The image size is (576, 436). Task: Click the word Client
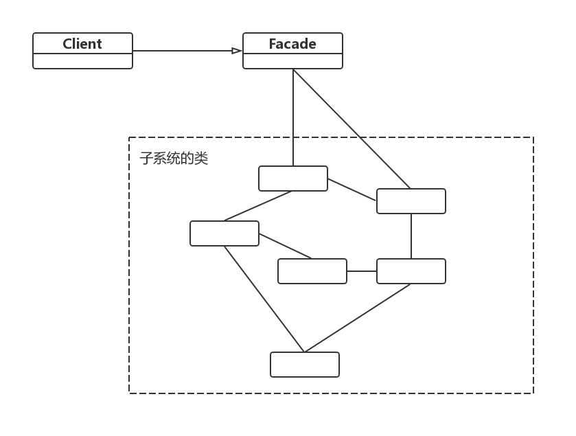coord(82,44)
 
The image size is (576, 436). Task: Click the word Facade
coord(292,44)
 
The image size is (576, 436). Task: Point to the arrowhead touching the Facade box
coord(237,51)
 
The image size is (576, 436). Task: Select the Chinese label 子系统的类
coord(174,159)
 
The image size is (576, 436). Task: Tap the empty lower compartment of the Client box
coord(82,61)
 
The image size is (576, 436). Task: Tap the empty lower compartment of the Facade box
coord(292,61)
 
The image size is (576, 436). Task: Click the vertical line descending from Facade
coord(293,117)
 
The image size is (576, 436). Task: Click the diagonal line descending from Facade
coord(352,128)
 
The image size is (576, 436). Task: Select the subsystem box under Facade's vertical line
coord(293,179)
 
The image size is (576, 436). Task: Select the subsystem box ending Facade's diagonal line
coord(411,201)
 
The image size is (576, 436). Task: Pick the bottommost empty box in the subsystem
coord(305,365)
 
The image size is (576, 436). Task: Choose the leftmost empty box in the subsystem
coord(224,233)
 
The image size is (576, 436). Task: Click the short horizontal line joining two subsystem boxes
coord(362,271)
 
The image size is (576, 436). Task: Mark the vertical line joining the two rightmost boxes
coord(411,236)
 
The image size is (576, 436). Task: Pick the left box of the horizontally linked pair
coord(312,271)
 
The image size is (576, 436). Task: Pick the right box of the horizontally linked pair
coord(411,271)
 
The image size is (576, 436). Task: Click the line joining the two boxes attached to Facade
coord(352,190)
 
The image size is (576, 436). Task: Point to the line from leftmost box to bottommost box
coord(264,299)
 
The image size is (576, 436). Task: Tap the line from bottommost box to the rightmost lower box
coord(358,318)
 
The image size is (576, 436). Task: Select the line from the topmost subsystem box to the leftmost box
coord(258,206)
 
